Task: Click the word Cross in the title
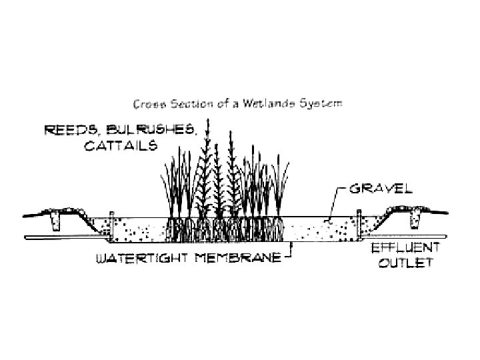pos(147,104)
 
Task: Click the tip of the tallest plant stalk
pos(207,121)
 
